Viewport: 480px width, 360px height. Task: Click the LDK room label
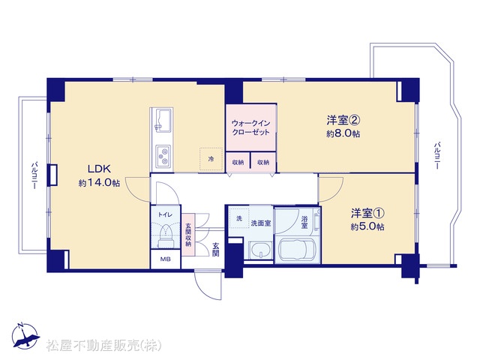pos(99,169)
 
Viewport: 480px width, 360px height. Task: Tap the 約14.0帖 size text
pos(99,183)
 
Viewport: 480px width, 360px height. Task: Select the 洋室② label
pos(343,120)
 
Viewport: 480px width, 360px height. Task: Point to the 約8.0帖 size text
pos(343,133)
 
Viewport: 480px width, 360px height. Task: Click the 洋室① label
pos(367,213)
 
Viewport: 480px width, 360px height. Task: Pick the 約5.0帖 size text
pos(367,226)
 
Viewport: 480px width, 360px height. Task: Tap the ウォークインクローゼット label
pos(251,127)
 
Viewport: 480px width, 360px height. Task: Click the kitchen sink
pos(161,121)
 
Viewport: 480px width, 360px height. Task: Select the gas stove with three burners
pos(163,156)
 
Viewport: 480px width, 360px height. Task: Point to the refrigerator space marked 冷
pos(211,159)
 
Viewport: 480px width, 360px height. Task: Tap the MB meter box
pos(166,259)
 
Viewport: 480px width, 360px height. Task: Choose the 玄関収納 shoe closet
pos(188,235)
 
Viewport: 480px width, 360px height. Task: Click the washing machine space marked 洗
pos(239,218)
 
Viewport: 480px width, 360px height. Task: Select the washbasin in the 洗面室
pos(261,250)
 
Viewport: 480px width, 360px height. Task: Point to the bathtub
pos(297,249)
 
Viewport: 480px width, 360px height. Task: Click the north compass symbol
pos(25,336)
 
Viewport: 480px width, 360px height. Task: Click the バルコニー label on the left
pos(34,175)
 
